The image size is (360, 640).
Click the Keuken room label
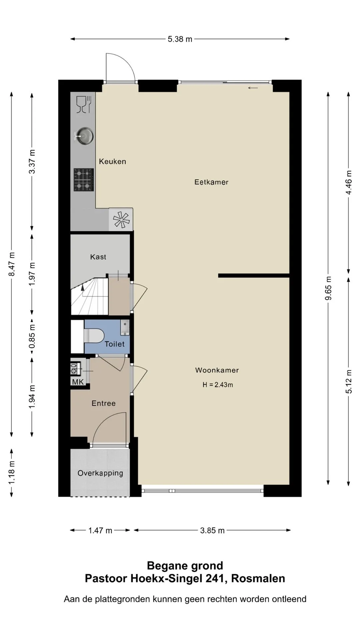[112, 162]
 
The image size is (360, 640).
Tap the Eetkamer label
[211, 182]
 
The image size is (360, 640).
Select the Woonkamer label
[217, 370]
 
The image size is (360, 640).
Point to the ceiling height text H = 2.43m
[218, 385]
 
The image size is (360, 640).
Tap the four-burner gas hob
[84, 180]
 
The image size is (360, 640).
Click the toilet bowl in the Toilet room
[93, 336]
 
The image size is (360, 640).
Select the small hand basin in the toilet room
[125, 328]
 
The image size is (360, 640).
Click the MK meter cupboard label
[78, 382]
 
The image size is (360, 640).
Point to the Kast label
[98, 257]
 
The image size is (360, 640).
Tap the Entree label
[104, 403]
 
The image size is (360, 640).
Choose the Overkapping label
[100, 473]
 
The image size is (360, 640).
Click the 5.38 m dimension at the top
[180, 39]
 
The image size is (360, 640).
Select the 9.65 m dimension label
[329, 288]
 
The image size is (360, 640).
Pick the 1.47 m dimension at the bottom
[100, 530]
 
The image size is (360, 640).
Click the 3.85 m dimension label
[212, 530]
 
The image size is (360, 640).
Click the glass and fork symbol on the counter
[84, 104]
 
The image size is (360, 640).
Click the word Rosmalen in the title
[258, 578]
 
